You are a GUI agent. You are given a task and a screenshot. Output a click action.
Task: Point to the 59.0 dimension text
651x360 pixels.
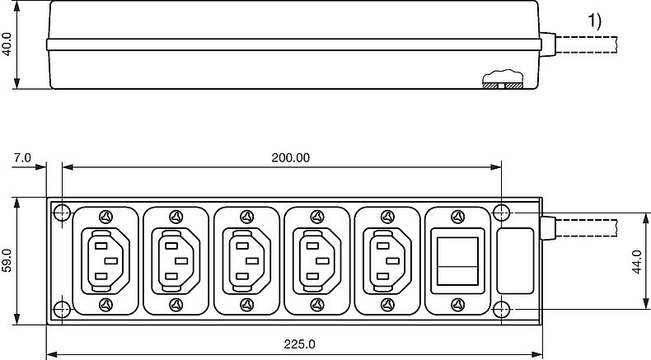click(7, 262)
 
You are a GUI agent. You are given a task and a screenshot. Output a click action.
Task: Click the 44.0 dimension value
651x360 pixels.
click(636, 262)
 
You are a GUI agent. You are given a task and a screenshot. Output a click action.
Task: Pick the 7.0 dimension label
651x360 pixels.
click(22, 157)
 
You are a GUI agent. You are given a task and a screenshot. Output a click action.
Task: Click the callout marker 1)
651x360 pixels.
click(595, 22)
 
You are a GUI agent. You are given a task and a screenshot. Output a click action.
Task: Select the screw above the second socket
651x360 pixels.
click(176, 217)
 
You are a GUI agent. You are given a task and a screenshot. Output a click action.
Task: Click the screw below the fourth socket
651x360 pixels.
click(316, 306)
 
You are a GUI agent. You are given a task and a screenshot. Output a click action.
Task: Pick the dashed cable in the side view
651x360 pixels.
click(602, 44)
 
